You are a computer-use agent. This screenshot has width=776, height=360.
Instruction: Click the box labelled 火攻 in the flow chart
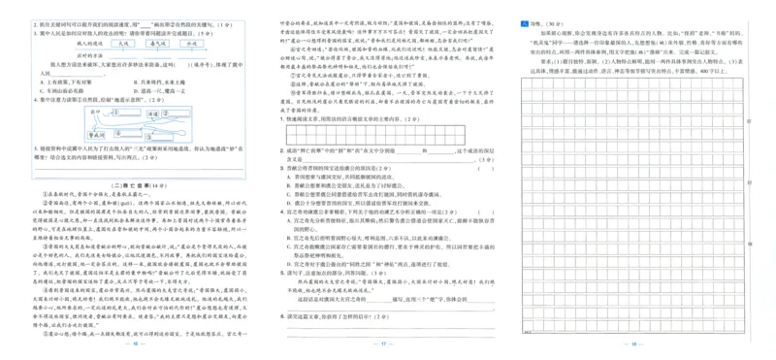point(123,44)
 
